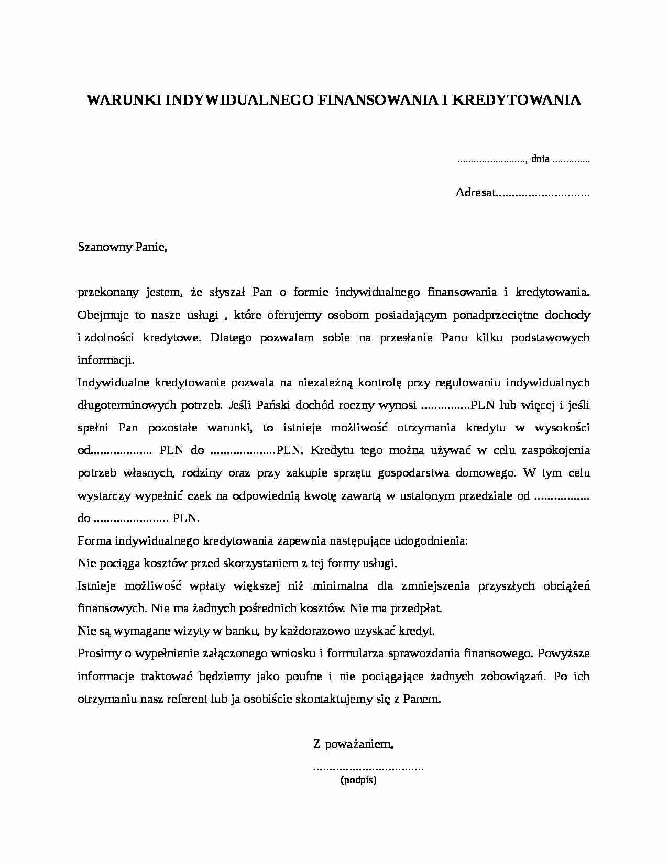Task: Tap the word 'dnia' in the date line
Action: coord(540,159)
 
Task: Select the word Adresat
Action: coord(475,193)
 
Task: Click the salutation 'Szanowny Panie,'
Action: coord(122,247)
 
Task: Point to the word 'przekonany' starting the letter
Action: coord(105,292)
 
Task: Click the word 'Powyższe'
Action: coord(564,653)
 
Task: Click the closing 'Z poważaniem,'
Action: coord(353,744)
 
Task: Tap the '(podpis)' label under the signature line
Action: coord(358,780)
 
